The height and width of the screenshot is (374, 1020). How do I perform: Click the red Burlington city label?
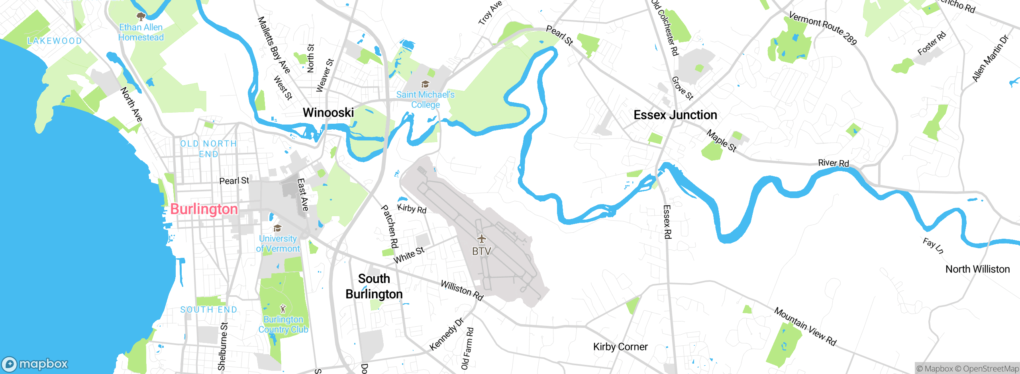204,209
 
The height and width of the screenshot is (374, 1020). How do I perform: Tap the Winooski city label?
328,113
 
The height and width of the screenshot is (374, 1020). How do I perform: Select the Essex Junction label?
675,115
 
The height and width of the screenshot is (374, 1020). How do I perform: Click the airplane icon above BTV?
482,239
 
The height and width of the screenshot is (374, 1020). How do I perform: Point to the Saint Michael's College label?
425,99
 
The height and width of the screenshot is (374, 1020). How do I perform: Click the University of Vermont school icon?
278,228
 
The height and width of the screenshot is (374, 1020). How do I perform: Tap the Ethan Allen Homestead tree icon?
141,16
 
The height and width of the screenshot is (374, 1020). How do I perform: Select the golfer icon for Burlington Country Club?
283,309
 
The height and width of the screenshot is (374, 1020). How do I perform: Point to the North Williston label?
977,269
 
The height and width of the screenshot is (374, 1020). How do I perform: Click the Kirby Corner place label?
620,347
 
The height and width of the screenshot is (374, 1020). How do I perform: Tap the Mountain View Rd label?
805,326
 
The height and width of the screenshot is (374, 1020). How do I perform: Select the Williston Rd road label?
462,290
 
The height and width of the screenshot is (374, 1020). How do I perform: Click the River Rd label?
833,163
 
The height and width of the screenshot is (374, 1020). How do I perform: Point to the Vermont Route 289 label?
823,28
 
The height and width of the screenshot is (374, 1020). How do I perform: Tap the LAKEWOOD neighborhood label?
55,41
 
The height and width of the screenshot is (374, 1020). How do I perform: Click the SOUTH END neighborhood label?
208,310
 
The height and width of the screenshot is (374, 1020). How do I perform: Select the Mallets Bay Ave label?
274,45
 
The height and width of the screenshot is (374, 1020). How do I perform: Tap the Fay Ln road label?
933,245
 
